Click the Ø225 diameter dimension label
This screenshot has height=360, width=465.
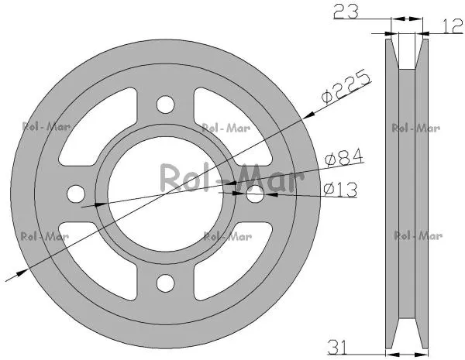point(346,87)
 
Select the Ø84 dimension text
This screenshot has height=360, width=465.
point(344,157)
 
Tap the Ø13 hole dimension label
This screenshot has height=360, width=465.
point(340,190)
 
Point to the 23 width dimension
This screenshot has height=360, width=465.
point(346,11)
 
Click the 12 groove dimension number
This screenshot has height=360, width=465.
point(453,26)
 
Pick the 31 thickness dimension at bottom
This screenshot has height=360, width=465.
point(337,347)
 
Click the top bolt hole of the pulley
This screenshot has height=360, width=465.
point(166,105)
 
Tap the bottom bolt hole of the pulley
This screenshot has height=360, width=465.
point(166,283)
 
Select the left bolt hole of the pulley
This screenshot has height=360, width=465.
point(76,194)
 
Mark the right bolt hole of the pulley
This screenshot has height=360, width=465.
point(255,194)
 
